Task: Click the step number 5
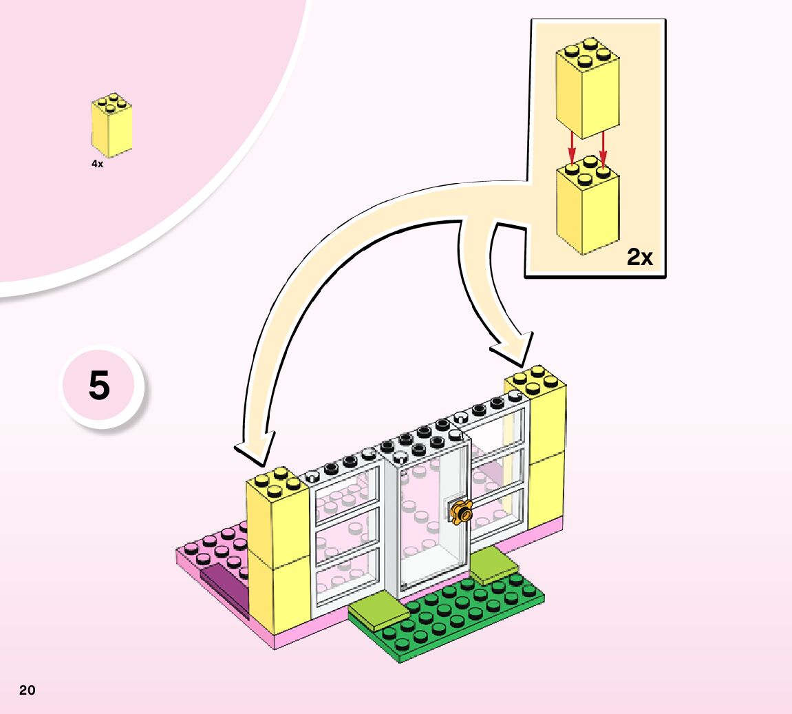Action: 99,386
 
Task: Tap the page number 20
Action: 27,690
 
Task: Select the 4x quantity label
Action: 97,165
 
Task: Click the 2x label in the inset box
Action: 639,258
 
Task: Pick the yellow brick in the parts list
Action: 111,127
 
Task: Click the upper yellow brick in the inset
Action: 587,90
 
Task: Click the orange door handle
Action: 460,512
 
